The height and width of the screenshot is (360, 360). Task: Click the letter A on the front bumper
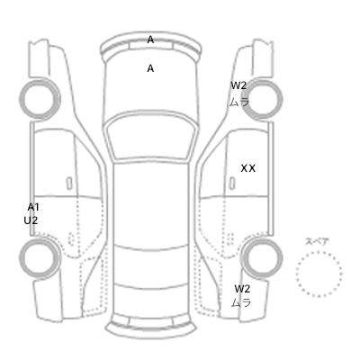point(150,40)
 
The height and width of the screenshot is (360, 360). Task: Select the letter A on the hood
point(150,68)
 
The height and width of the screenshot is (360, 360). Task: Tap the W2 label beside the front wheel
point(238,85)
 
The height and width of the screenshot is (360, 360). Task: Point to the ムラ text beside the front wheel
point(239,102)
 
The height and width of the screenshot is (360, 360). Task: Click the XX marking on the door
point(248,168)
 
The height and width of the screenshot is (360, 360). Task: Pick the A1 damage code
point(33,207)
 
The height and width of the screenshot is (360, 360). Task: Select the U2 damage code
point(31,220)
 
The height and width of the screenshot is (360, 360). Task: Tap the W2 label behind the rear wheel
point(242,289)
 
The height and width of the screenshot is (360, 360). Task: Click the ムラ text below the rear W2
point(241,303)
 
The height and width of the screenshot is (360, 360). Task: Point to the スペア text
point(317,241)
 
